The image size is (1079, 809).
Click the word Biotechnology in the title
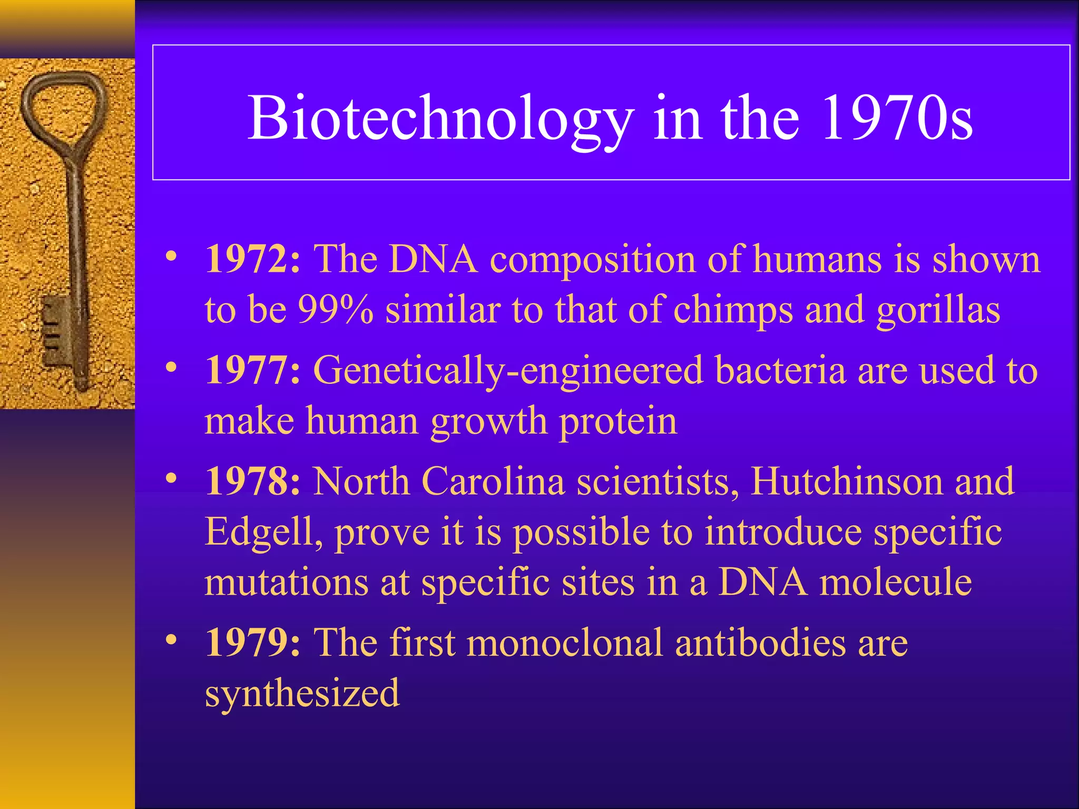click(x=440, y=119)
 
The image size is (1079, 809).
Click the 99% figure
click(x=336, y=310)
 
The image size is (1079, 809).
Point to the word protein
click(x=617, y=422)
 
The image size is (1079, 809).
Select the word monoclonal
click(x=564, y=643)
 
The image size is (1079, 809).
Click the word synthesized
click(x=302, y=694)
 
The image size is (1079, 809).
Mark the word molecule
click(x=895, y=582)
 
